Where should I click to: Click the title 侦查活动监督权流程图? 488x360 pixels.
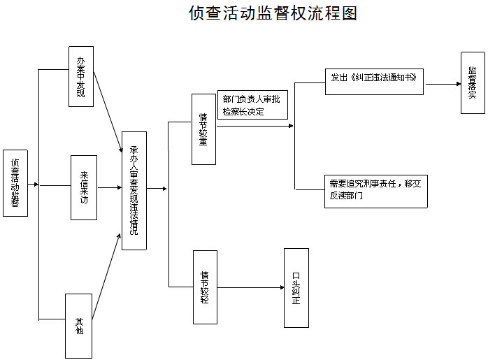(x=273, y=13)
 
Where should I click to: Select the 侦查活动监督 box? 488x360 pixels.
(x=15, y=183)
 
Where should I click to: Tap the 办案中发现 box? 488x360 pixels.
(x=81, y=76)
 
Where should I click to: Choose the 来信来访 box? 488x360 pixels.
(x=84, y=187)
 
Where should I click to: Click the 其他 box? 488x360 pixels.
(x=78, y=326)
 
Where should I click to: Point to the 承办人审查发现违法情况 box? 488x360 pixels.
(x=134, y=191)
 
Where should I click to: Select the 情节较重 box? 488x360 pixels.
(x=203, y=129)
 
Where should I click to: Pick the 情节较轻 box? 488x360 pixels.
(x=205, y=287)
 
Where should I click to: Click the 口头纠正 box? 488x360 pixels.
(x=296, y=288)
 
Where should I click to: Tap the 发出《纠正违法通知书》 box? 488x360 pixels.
(x=374, y=82)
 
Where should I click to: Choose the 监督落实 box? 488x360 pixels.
(x=473, y=82)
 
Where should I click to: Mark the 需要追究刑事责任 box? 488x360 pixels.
(x=376, y=192)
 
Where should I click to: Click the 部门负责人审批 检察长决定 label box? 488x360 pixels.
(x=252, y=105)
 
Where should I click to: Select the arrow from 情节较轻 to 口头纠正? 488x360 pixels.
(x=251, y=287)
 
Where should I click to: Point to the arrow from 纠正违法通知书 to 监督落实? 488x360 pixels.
(x=443, y=84)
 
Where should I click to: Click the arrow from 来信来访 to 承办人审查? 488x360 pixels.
(x=110, y=187)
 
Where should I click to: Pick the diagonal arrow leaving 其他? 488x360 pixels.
(x=106, y=276)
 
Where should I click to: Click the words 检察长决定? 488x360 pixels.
(x=243, y=111)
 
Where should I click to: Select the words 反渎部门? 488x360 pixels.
(x=346, y=196)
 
